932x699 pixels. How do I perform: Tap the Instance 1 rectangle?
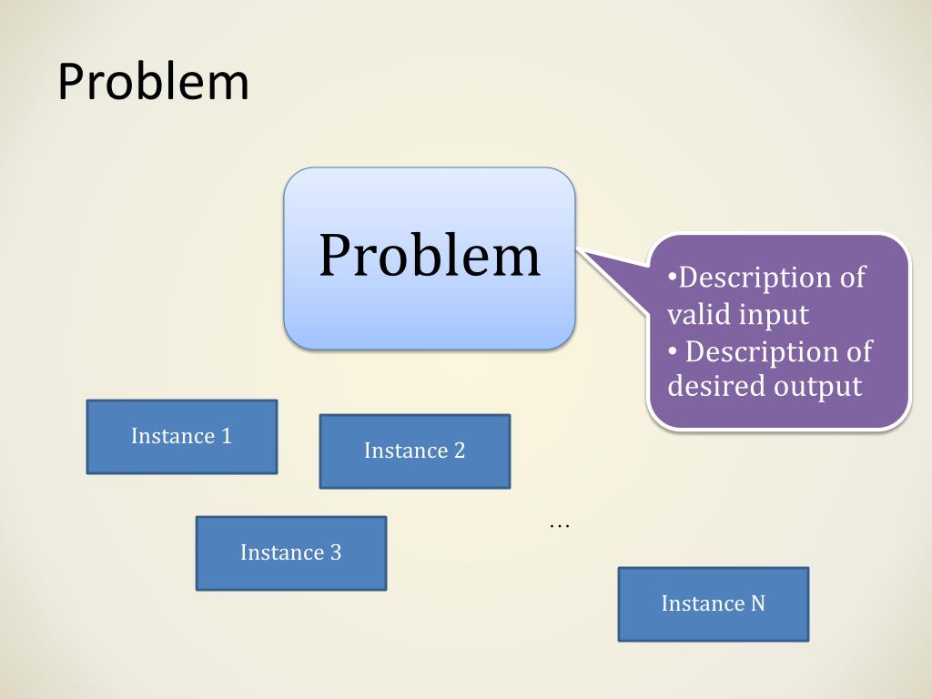pyautogui.click(x=181, y=437)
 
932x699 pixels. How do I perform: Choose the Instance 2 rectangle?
pyautogui.click(x=414, y=451)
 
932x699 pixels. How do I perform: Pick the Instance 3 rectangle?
pyautogui.click(x=290, y=553)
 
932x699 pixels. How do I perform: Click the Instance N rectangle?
pyautogui.click(x=713, y=604)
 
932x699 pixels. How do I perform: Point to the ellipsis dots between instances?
pyautogui.click(x=559, y=526)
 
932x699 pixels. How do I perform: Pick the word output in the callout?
pyautogui.click(x=817, y=387)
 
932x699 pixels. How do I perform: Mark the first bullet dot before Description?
pyautogui.click(x=673, y=277)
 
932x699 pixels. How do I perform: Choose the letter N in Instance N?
pyautogui.click(x=757, y=603)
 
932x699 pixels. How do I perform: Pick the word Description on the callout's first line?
pyautogui.click(x=746, y=278)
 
